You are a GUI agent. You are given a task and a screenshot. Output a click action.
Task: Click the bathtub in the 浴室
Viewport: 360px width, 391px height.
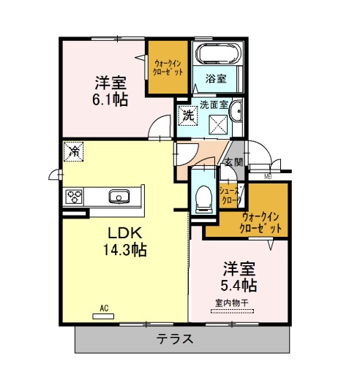[219, 53]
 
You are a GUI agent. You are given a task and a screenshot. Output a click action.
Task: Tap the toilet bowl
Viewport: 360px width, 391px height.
[203, 197]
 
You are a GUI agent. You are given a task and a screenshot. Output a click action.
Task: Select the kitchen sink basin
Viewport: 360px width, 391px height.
[119, 197]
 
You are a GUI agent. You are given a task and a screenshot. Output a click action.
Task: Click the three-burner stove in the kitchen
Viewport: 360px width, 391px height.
[74, 196]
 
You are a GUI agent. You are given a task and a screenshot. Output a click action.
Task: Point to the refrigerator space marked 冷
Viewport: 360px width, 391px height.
[73, 151]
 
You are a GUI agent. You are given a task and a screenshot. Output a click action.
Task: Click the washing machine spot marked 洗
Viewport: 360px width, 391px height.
[188, 115]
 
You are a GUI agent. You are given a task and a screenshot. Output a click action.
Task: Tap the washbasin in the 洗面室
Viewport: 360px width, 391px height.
[236, 111]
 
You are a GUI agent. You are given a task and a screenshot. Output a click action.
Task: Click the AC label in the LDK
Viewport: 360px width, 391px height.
[104, 308]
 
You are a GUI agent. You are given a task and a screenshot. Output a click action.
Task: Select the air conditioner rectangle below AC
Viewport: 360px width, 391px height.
[103, 316]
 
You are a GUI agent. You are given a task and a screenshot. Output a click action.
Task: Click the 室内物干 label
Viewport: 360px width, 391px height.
[232, 303]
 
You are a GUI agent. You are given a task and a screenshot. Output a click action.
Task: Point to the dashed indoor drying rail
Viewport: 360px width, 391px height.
[232, 311]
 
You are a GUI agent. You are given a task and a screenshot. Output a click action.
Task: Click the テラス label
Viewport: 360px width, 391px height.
[175, 339]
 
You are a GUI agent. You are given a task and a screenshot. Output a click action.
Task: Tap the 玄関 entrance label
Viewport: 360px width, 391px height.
[234, 162]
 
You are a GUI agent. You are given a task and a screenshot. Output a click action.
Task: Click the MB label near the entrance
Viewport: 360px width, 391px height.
[268, 177]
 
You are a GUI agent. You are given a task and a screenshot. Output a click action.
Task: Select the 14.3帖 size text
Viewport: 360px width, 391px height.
[125, 250]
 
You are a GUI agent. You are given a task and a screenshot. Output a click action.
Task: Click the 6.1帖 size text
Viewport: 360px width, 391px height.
[110, 99]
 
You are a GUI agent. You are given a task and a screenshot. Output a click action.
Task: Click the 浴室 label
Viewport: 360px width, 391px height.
[216, 79]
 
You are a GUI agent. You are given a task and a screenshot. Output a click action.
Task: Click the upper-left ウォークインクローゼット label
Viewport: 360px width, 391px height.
[168, 67]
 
